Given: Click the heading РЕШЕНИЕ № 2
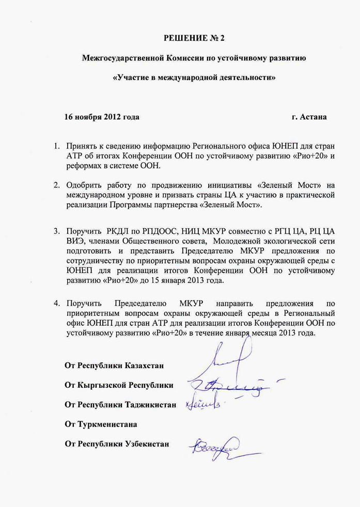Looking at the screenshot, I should pyautogui.click(x=194, y=38).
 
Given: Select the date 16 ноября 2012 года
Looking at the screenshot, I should pyautogui.click(x=101, y=117).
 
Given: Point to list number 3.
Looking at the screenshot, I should pyautogui.click(x=58, y=231).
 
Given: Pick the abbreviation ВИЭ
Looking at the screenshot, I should pyautogui.click(x=75, y=241).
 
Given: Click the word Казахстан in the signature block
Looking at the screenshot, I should pyautogui.click(x=144, y=366).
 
